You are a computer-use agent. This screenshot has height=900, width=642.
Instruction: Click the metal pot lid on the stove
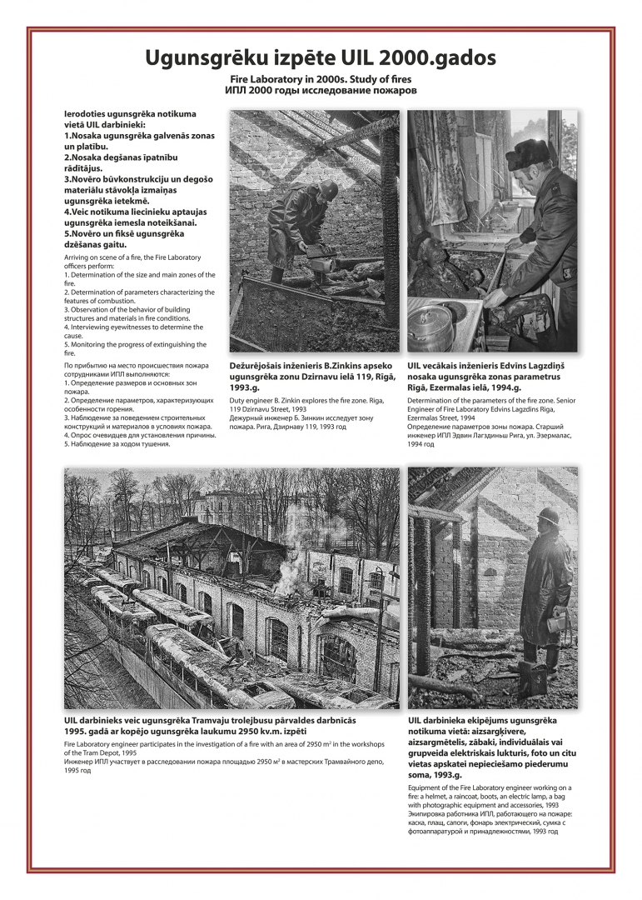(431, 320)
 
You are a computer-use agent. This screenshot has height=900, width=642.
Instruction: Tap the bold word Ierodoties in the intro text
(89, 113)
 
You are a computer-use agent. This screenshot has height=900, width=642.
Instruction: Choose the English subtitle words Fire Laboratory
(261, 78)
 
